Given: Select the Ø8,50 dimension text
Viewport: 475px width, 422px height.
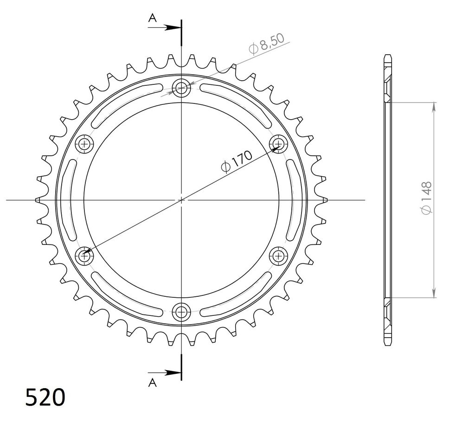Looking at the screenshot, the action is [x=267, y=44].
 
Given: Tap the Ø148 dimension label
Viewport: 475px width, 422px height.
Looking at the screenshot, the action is [x=426, y=198].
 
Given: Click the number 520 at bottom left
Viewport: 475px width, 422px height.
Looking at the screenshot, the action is [x=45, y=397].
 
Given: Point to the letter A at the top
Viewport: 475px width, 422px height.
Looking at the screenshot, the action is [x=152, y=18].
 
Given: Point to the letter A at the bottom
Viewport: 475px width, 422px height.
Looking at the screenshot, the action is [x=152, y=383].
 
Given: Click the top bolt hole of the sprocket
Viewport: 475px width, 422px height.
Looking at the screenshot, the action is [x=181, y=88].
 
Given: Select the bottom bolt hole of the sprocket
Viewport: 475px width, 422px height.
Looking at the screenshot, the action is [x=181, y=312].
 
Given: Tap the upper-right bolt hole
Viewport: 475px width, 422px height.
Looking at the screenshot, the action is [x=278, y=143].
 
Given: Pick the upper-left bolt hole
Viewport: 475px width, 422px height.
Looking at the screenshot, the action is [x=84, y=143].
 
